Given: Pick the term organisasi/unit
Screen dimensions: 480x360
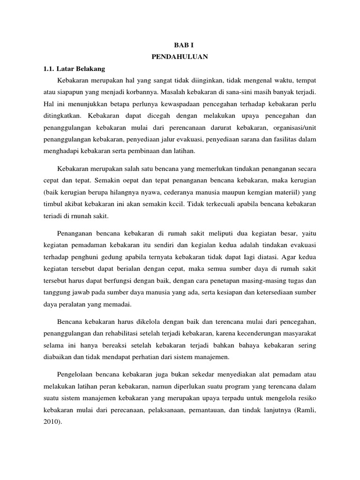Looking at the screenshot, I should click(x=296, y=127).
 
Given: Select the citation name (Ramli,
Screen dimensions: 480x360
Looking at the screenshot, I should click(x=306, y=409).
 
